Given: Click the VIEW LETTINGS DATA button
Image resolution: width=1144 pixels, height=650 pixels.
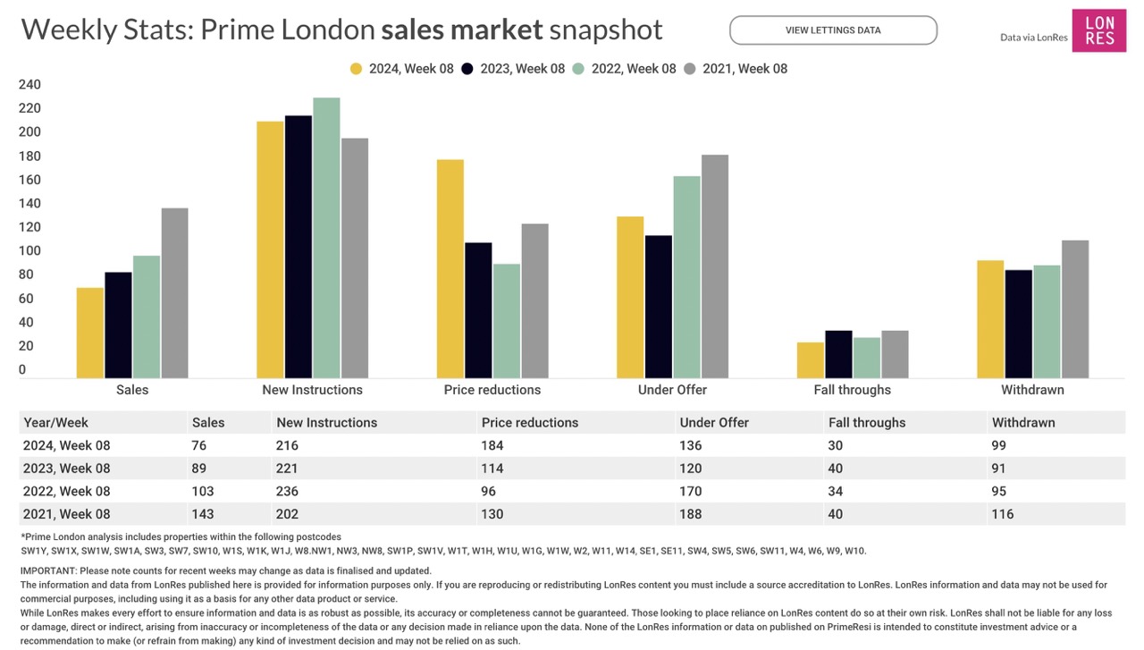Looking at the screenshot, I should click(x=833, y=30).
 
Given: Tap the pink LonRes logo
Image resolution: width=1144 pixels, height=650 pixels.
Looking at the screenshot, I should click(x=1098, y=30).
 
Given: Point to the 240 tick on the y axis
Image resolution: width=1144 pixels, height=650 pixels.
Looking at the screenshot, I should click(x=29, y=85).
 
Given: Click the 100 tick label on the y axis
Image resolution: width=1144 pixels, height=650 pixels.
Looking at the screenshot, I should click(x=29, y=251).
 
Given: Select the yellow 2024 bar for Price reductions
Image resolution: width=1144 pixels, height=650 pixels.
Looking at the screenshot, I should click(x=450, y=268).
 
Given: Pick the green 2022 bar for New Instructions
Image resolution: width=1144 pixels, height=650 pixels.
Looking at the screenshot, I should click(x=326, y=238).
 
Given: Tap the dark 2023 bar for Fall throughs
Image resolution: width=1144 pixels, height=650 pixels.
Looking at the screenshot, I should click(x=838, y=354).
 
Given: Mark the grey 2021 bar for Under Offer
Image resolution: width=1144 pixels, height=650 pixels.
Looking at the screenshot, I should click(x=715, y=266).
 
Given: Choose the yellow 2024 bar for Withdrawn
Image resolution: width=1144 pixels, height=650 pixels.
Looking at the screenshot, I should click(x=990, y=319).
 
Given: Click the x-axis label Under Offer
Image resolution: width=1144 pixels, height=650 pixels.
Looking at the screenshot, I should click(x=672, y=390).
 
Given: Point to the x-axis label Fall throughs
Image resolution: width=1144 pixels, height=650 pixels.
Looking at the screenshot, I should click(x=852, y=390).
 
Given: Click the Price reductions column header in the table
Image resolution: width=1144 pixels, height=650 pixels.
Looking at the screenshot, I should click(x=529, y=423).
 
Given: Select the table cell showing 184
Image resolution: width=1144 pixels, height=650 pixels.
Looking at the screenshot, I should click(x=492, y=445).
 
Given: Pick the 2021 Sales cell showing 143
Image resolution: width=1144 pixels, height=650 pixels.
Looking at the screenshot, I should click(x=203, y=514).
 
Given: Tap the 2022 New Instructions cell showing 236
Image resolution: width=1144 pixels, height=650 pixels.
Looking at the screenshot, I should click(x=287, y=491).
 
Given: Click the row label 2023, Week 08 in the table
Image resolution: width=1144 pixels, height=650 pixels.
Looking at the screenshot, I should click(x=67, y=469).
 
